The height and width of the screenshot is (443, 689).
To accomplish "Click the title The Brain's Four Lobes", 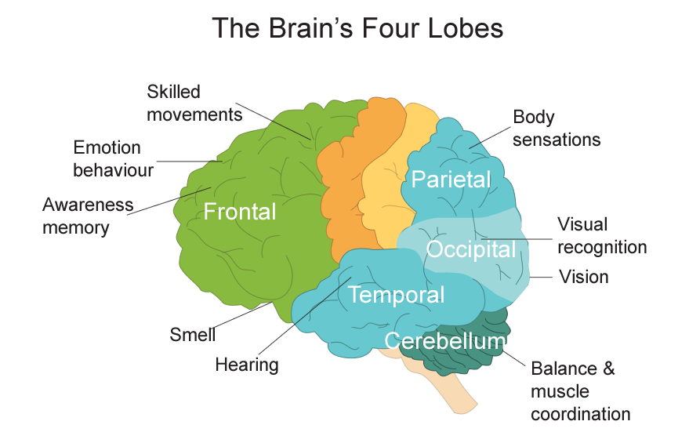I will (357, 29).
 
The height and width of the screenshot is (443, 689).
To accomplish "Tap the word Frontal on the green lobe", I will (239, 212).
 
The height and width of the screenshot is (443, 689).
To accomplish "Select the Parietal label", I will (451, 180).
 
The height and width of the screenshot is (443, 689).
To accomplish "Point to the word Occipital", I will (471, 250).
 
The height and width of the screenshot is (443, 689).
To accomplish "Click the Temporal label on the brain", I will (396, 296).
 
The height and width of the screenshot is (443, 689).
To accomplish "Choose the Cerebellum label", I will (444, 341).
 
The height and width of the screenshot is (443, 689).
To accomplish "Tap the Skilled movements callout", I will (194, 103).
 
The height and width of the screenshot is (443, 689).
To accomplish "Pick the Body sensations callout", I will (556, 129).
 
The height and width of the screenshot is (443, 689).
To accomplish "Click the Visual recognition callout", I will (601, 236).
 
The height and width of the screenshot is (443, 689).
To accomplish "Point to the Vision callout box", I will (582, 277).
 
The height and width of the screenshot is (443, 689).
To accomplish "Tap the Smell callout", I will (192, 336).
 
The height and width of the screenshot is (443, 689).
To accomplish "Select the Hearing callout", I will (247, 365).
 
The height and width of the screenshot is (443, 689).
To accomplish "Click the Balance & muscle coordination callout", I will (579, 390).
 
